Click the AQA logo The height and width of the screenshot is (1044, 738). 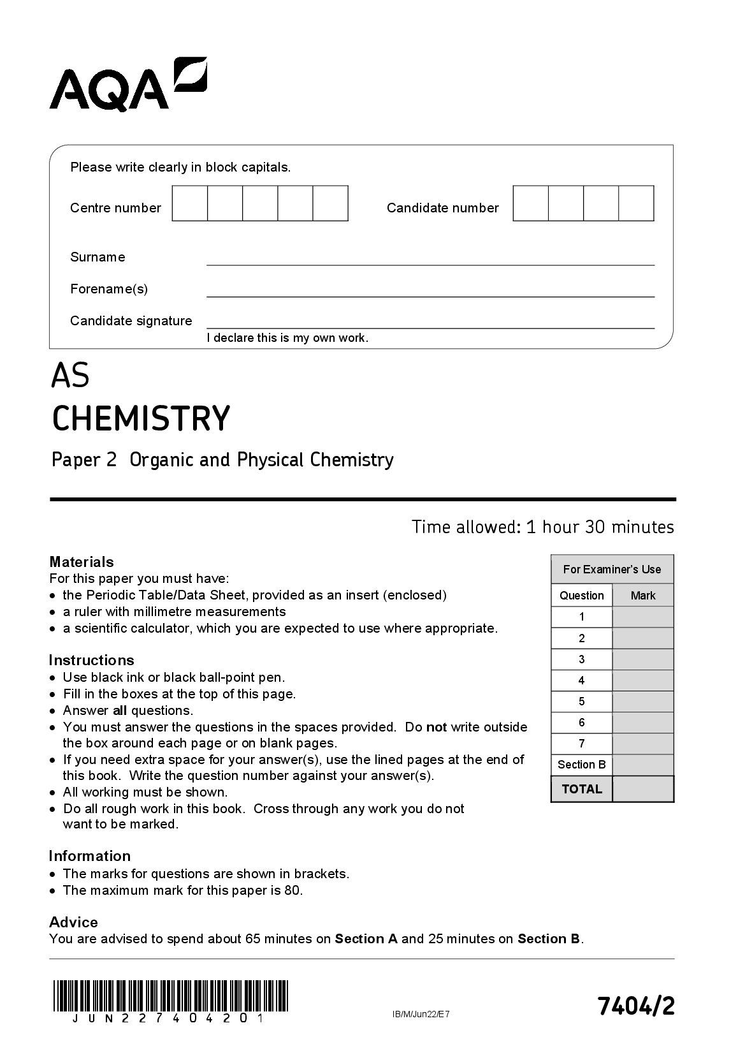(127, 85)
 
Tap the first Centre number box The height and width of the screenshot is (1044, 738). (190, 203)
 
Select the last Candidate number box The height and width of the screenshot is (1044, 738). (636, 203)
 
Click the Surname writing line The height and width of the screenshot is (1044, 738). (430, 258)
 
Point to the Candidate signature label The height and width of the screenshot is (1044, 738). (131, 321)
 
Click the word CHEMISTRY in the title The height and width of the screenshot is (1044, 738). (141, 418)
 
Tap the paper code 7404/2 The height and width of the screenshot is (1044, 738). (635, 1006)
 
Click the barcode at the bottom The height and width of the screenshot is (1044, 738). (171, 997)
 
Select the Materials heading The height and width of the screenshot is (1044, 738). (82, 562)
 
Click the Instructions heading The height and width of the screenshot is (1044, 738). (92, 660)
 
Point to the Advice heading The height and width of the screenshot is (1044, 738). (73, 922)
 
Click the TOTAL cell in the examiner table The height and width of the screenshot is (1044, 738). (581, 789)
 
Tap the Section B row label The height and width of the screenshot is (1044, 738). (581, 765)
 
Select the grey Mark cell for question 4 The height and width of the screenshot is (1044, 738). (642, 680)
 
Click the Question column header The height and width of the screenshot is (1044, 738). (581, 596)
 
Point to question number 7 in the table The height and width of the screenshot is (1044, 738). (581, 744)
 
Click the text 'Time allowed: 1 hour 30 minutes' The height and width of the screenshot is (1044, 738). (542, 527)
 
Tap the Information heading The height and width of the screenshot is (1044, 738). (90, 856)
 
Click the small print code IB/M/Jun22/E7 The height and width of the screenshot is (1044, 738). (421, 1014)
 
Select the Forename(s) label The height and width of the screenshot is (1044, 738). (109, 289)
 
